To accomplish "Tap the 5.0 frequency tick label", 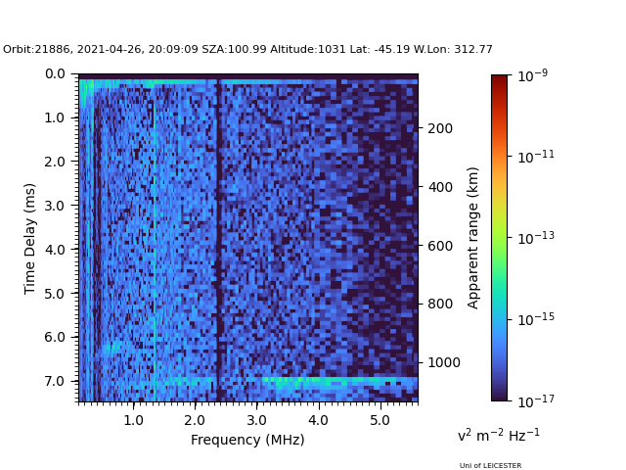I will (380, 420).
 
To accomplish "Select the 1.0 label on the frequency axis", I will (133, 420).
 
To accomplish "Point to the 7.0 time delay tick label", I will (55, 381).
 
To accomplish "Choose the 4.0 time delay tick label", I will (55, 250).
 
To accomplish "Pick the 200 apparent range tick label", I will (439, 128).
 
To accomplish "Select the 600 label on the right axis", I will (439, 246).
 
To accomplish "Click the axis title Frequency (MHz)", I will (247, 440).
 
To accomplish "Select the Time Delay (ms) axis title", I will (30, 238).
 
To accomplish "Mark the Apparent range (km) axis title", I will (473, 237).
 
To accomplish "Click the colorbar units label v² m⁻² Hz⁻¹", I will (498, 435).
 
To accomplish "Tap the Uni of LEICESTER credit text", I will (490, 466).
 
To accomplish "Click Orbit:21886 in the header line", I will (31, 50).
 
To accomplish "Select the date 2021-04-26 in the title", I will (97, 50).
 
